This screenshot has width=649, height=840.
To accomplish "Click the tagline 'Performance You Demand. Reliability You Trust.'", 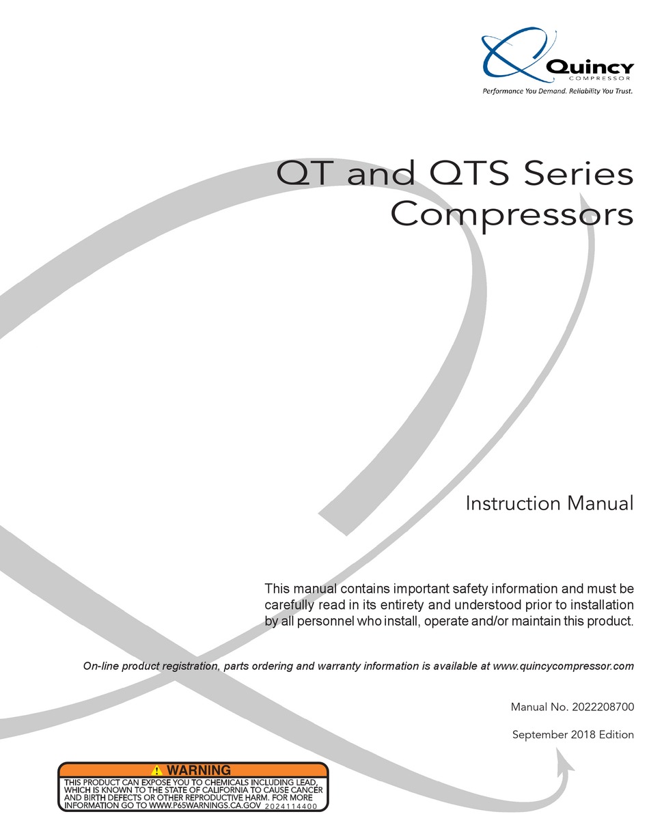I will (x=557, y=91).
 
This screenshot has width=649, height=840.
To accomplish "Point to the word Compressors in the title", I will (x=512, y=215).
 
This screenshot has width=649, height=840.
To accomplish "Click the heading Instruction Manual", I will (x=549, y=504).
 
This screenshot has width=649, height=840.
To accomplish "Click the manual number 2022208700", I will (x=602, y=708).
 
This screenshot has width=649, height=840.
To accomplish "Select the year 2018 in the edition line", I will (x=583, y=735).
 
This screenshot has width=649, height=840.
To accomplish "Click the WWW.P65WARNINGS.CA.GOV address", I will (x=205, y=806).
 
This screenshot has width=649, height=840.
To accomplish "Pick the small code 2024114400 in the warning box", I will (x=291, y=807).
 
